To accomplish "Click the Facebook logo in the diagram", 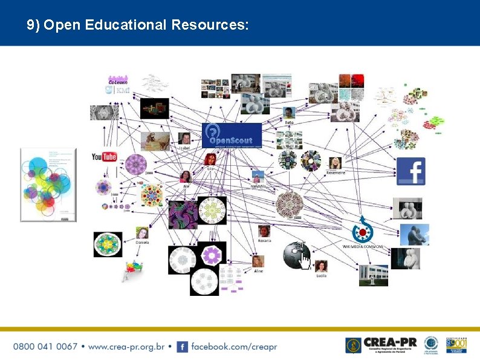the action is coord(410,171).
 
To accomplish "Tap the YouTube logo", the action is coord(104,157).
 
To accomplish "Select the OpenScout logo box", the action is coord(232,136).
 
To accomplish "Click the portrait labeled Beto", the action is coord(290,113).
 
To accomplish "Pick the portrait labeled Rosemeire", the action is coord(336,163).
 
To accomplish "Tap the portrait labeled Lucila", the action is coord(321,266).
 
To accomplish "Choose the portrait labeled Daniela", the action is coord(142,232).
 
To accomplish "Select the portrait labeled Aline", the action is coord(258,261).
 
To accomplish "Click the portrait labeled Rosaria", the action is coord(264,231).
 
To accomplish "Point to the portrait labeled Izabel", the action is coord(184,139).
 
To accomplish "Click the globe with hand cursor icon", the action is coord(296,255).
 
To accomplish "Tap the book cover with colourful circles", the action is coord(48,185).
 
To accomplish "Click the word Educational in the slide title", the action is coord(127,25).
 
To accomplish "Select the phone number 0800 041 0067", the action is coord(45,347).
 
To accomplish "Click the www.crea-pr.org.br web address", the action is coord(126,347).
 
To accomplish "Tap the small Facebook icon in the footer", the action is coord(182,347).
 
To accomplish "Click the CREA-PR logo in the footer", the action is coord(381,345).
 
